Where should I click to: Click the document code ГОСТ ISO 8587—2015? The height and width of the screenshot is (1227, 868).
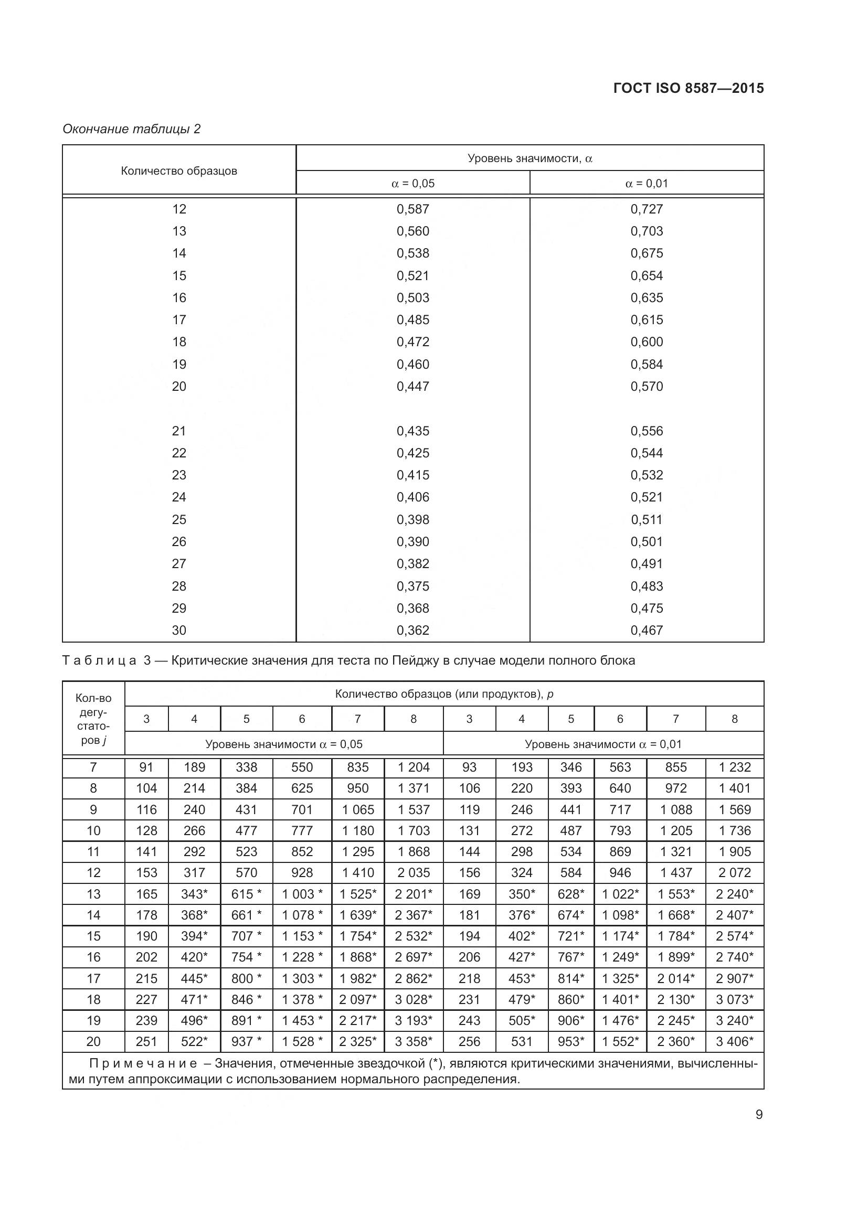tap(689, 88)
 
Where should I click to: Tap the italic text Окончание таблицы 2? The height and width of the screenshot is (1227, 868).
tap(132, 129)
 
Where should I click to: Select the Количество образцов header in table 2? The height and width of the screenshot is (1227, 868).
tap(179, 171)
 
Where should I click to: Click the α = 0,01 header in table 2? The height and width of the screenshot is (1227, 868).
tap(647, 183)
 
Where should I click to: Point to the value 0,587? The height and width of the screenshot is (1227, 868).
tap(412, 209)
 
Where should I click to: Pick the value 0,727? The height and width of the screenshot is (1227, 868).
tap(647, 209)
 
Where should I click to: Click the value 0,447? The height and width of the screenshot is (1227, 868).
tap(412, 387)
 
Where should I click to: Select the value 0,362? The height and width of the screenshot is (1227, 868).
tap(412, 630)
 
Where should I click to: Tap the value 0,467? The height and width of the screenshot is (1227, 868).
tap(647, 630)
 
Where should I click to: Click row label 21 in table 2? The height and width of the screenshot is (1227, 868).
tap(179, 431)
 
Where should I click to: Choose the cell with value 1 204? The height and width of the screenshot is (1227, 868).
tap(414, 767)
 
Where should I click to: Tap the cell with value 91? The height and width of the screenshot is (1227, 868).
tap(146, 767)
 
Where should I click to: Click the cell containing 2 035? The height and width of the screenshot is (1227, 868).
tap(414, 873)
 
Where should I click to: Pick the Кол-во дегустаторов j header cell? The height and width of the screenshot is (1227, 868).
tap(93, 719)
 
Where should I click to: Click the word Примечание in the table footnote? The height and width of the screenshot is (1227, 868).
tap(143, 1063)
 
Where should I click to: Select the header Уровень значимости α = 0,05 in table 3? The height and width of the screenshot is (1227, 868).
tap(284, 744)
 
